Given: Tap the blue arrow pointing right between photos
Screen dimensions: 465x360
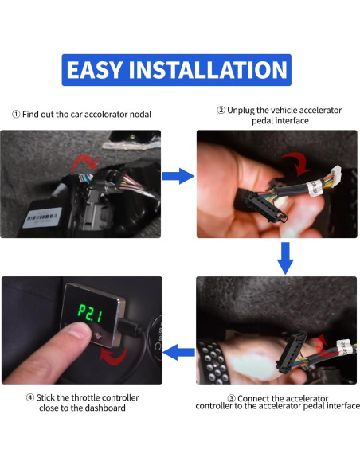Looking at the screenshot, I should pos(178,176).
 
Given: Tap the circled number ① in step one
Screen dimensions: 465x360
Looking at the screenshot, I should pos(15,114).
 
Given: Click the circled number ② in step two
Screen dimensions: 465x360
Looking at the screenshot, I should pos(221,109).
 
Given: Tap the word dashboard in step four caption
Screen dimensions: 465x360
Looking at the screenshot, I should pos(103,408).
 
